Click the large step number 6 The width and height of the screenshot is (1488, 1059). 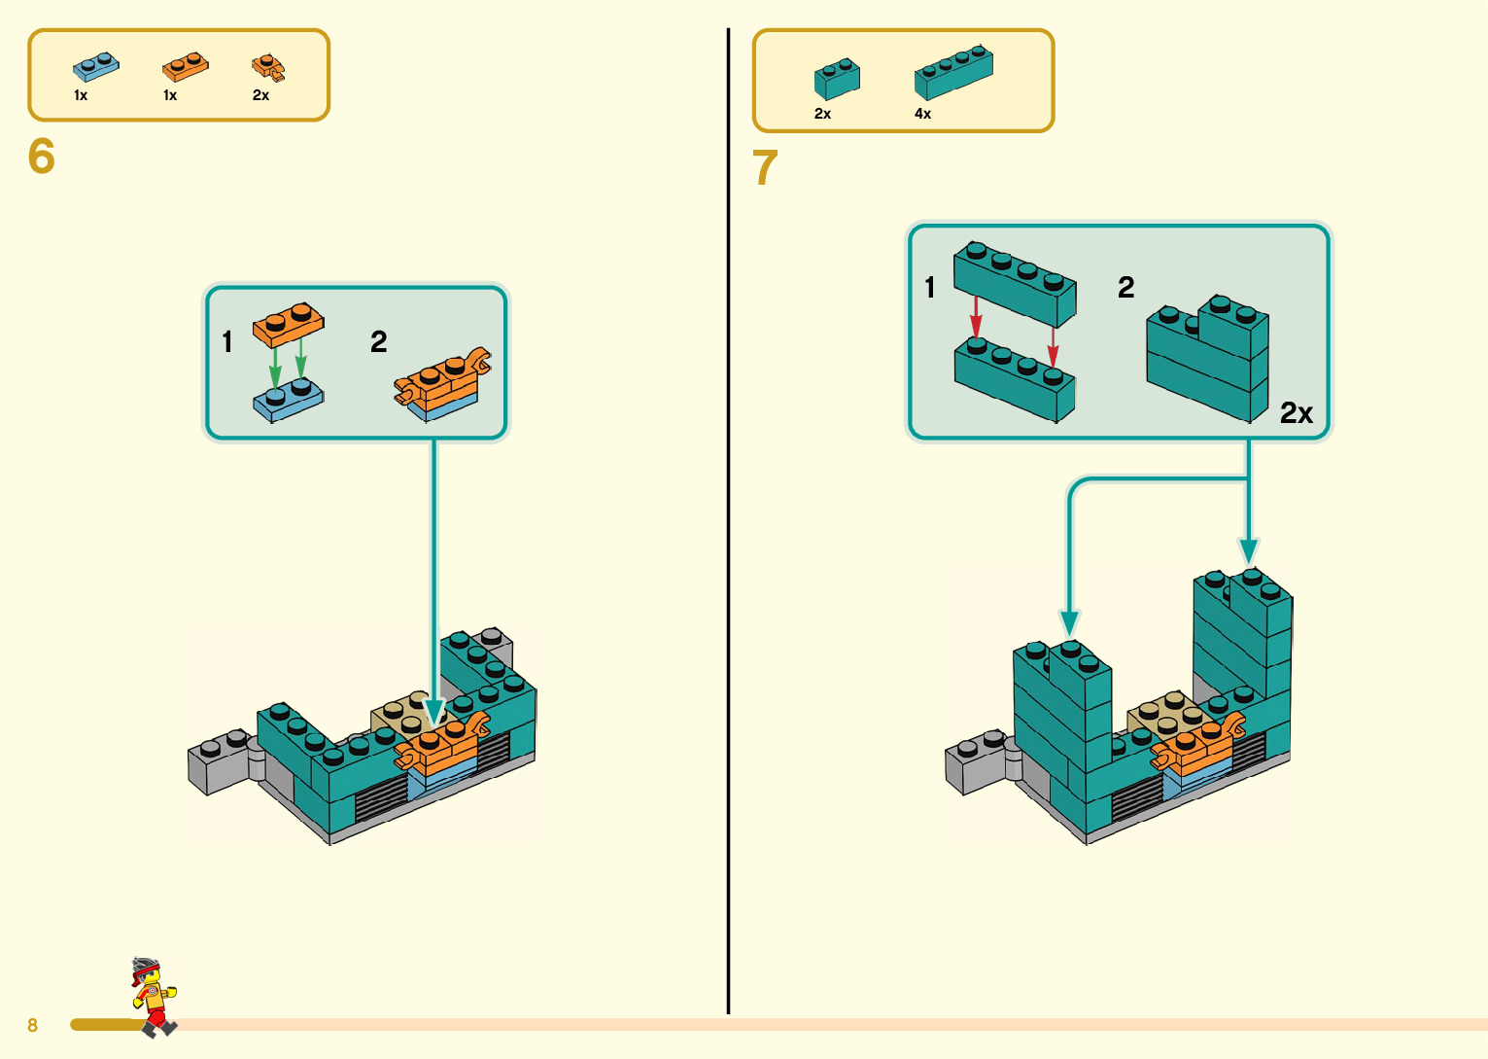click(42, 157)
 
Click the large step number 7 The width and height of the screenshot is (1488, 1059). click(766, 168)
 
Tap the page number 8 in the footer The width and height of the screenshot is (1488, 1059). click(32, 1025)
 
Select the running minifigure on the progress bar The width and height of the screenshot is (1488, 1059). click(152, 996)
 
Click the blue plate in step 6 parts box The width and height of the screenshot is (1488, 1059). click(95, 67)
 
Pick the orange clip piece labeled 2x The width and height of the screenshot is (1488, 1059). click(268, 67)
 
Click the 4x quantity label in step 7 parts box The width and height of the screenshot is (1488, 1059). click(922, 114)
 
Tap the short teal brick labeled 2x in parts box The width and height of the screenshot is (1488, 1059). click(837, 79)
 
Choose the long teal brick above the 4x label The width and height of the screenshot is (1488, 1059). click(953, 72)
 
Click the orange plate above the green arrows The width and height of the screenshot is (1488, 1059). click(288, 324)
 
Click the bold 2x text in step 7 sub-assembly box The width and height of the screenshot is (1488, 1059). click(1296, 413)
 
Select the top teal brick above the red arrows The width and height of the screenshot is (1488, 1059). click(1015, 283)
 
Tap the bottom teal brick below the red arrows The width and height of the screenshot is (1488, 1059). click(1015, 380)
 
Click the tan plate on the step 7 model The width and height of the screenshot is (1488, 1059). click(1166, 716)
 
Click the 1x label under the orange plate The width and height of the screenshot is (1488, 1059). click(170, 95)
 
